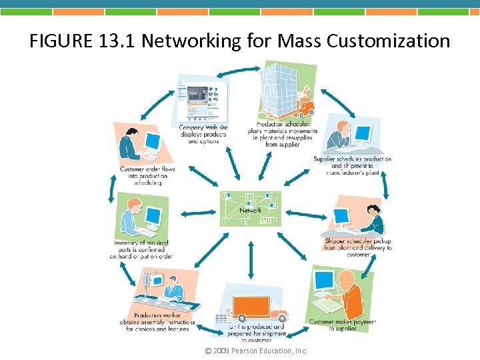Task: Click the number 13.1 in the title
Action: (117, 41)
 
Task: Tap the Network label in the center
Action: (251, 210)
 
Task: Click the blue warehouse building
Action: (280, 87)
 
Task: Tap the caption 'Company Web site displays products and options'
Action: (203, 134)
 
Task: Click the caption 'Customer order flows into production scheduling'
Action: (147, 176)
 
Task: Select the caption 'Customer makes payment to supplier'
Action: (342, 325)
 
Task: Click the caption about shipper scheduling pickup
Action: (357, 247)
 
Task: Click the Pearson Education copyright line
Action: (256, 351)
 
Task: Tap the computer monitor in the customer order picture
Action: (153, 141)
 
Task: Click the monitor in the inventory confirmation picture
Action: (154, 215)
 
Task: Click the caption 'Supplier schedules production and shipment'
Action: (352, 165)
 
